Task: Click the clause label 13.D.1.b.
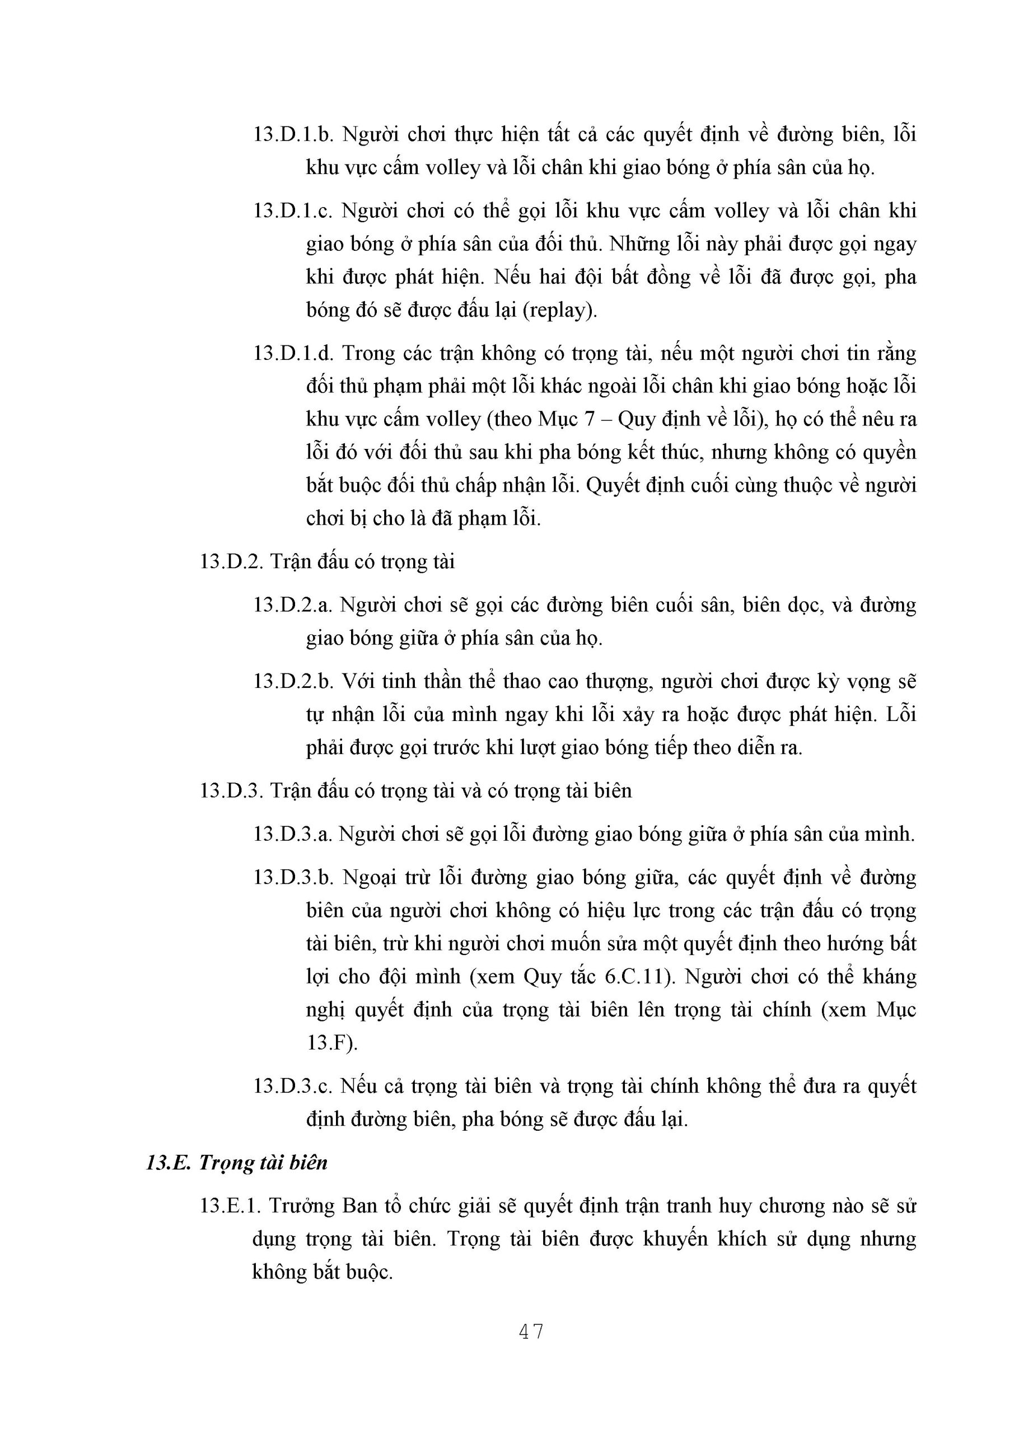click(x=293, y=135)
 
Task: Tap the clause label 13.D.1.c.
click(x=293, y=211)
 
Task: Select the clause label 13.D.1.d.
click(x=293, y=353)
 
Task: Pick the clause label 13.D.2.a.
click(x=293, y=605)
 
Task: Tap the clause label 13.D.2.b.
click(x=293, y=681)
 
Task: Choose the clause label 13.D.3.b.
click(x=293, y=878)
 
